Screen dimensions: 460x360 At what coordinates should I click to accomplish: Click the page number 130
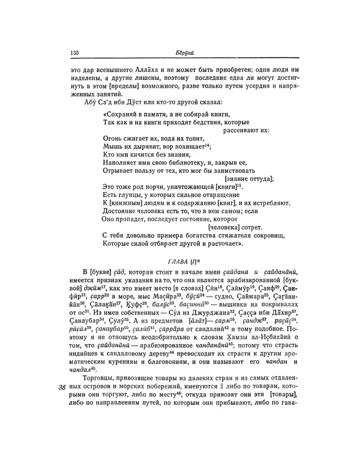pos(75,53)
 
